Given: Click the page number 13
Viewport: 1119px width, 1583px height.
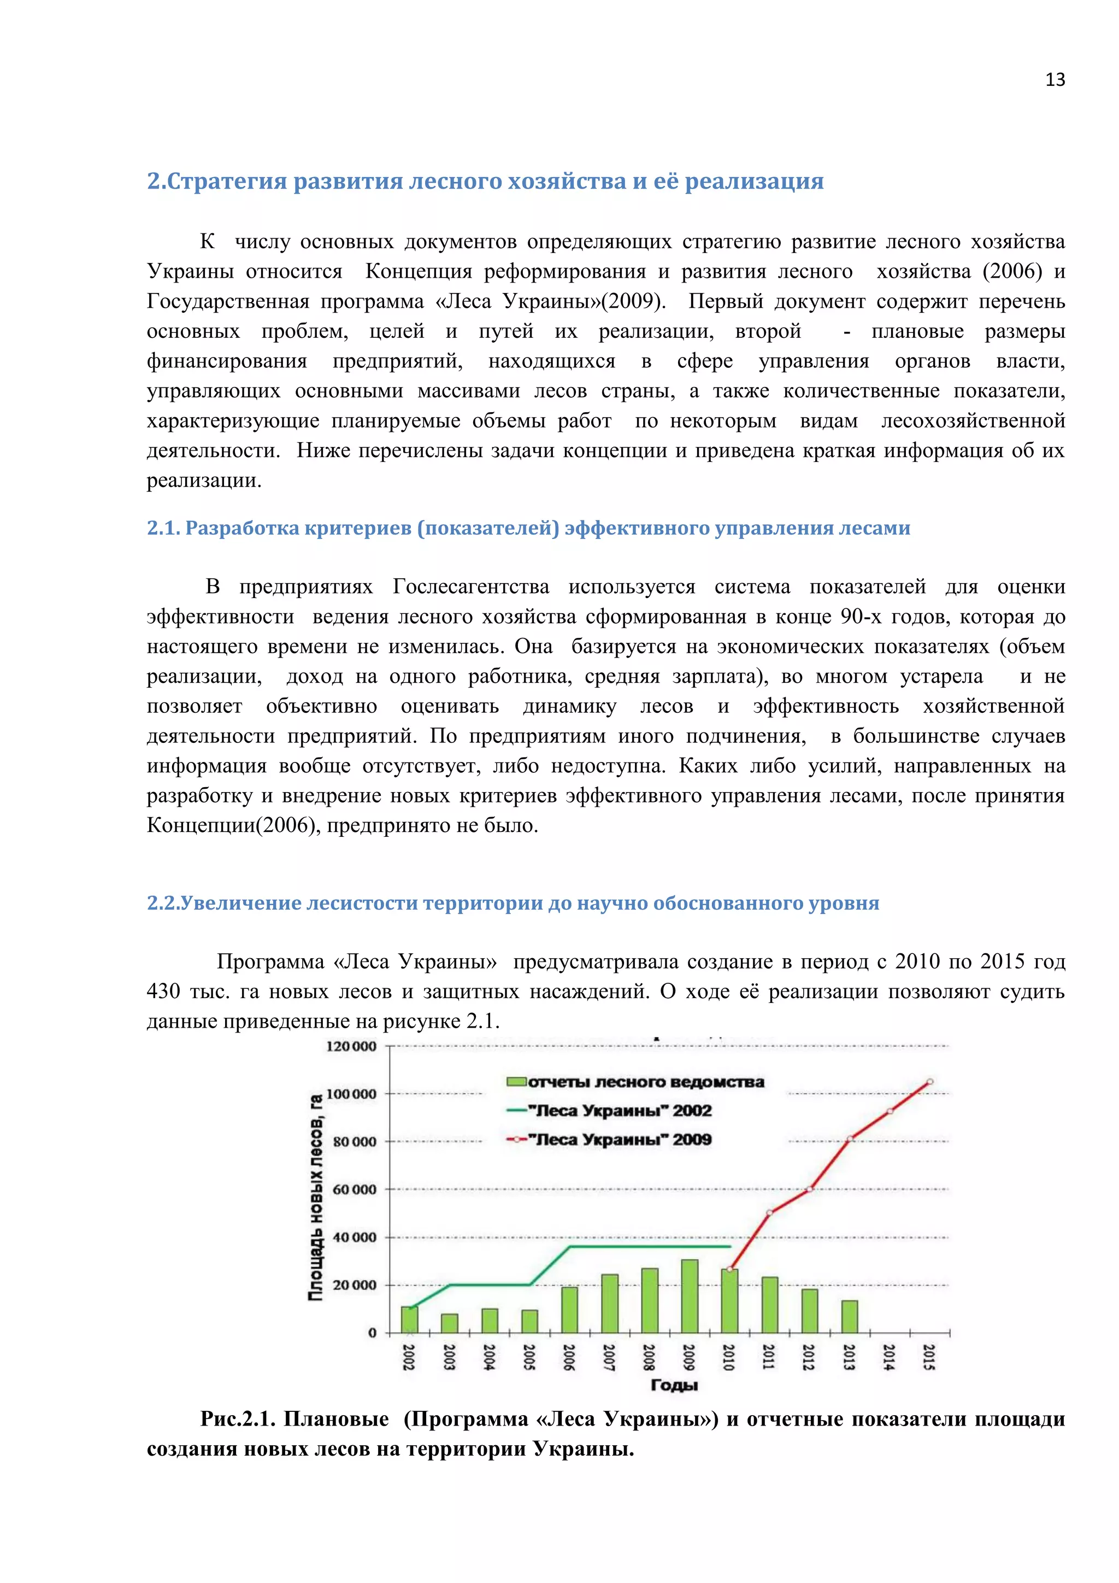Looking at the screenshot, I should point(1054,80).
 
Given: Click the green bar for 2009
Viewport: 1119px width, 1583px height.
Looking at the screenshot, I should point(689,1296).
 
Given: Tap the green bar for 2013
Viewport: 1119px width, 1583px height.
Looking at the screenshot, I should point(849,1316).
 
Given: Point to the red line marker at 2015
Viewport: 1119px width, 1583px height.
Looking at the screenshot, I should point(929,1082).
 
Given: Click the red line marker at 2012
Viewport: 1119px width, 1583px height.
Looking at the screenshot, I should point(810,1189).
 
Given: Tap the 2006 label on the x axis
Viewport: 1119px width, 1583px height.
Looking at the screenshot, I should point(569,1357).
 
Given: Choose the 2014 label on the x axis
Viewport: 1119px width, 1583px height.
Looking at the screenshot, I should point(889,1357).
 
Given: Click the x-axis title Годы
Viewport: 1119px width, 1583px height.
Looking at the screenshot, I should point(674,1385).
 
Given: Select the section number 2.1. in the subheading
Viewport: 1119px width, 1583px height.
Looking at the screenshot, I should point(163,528).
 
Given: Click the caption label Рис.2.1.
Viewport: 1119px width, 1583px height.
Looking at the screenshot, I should point(238,1419).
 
